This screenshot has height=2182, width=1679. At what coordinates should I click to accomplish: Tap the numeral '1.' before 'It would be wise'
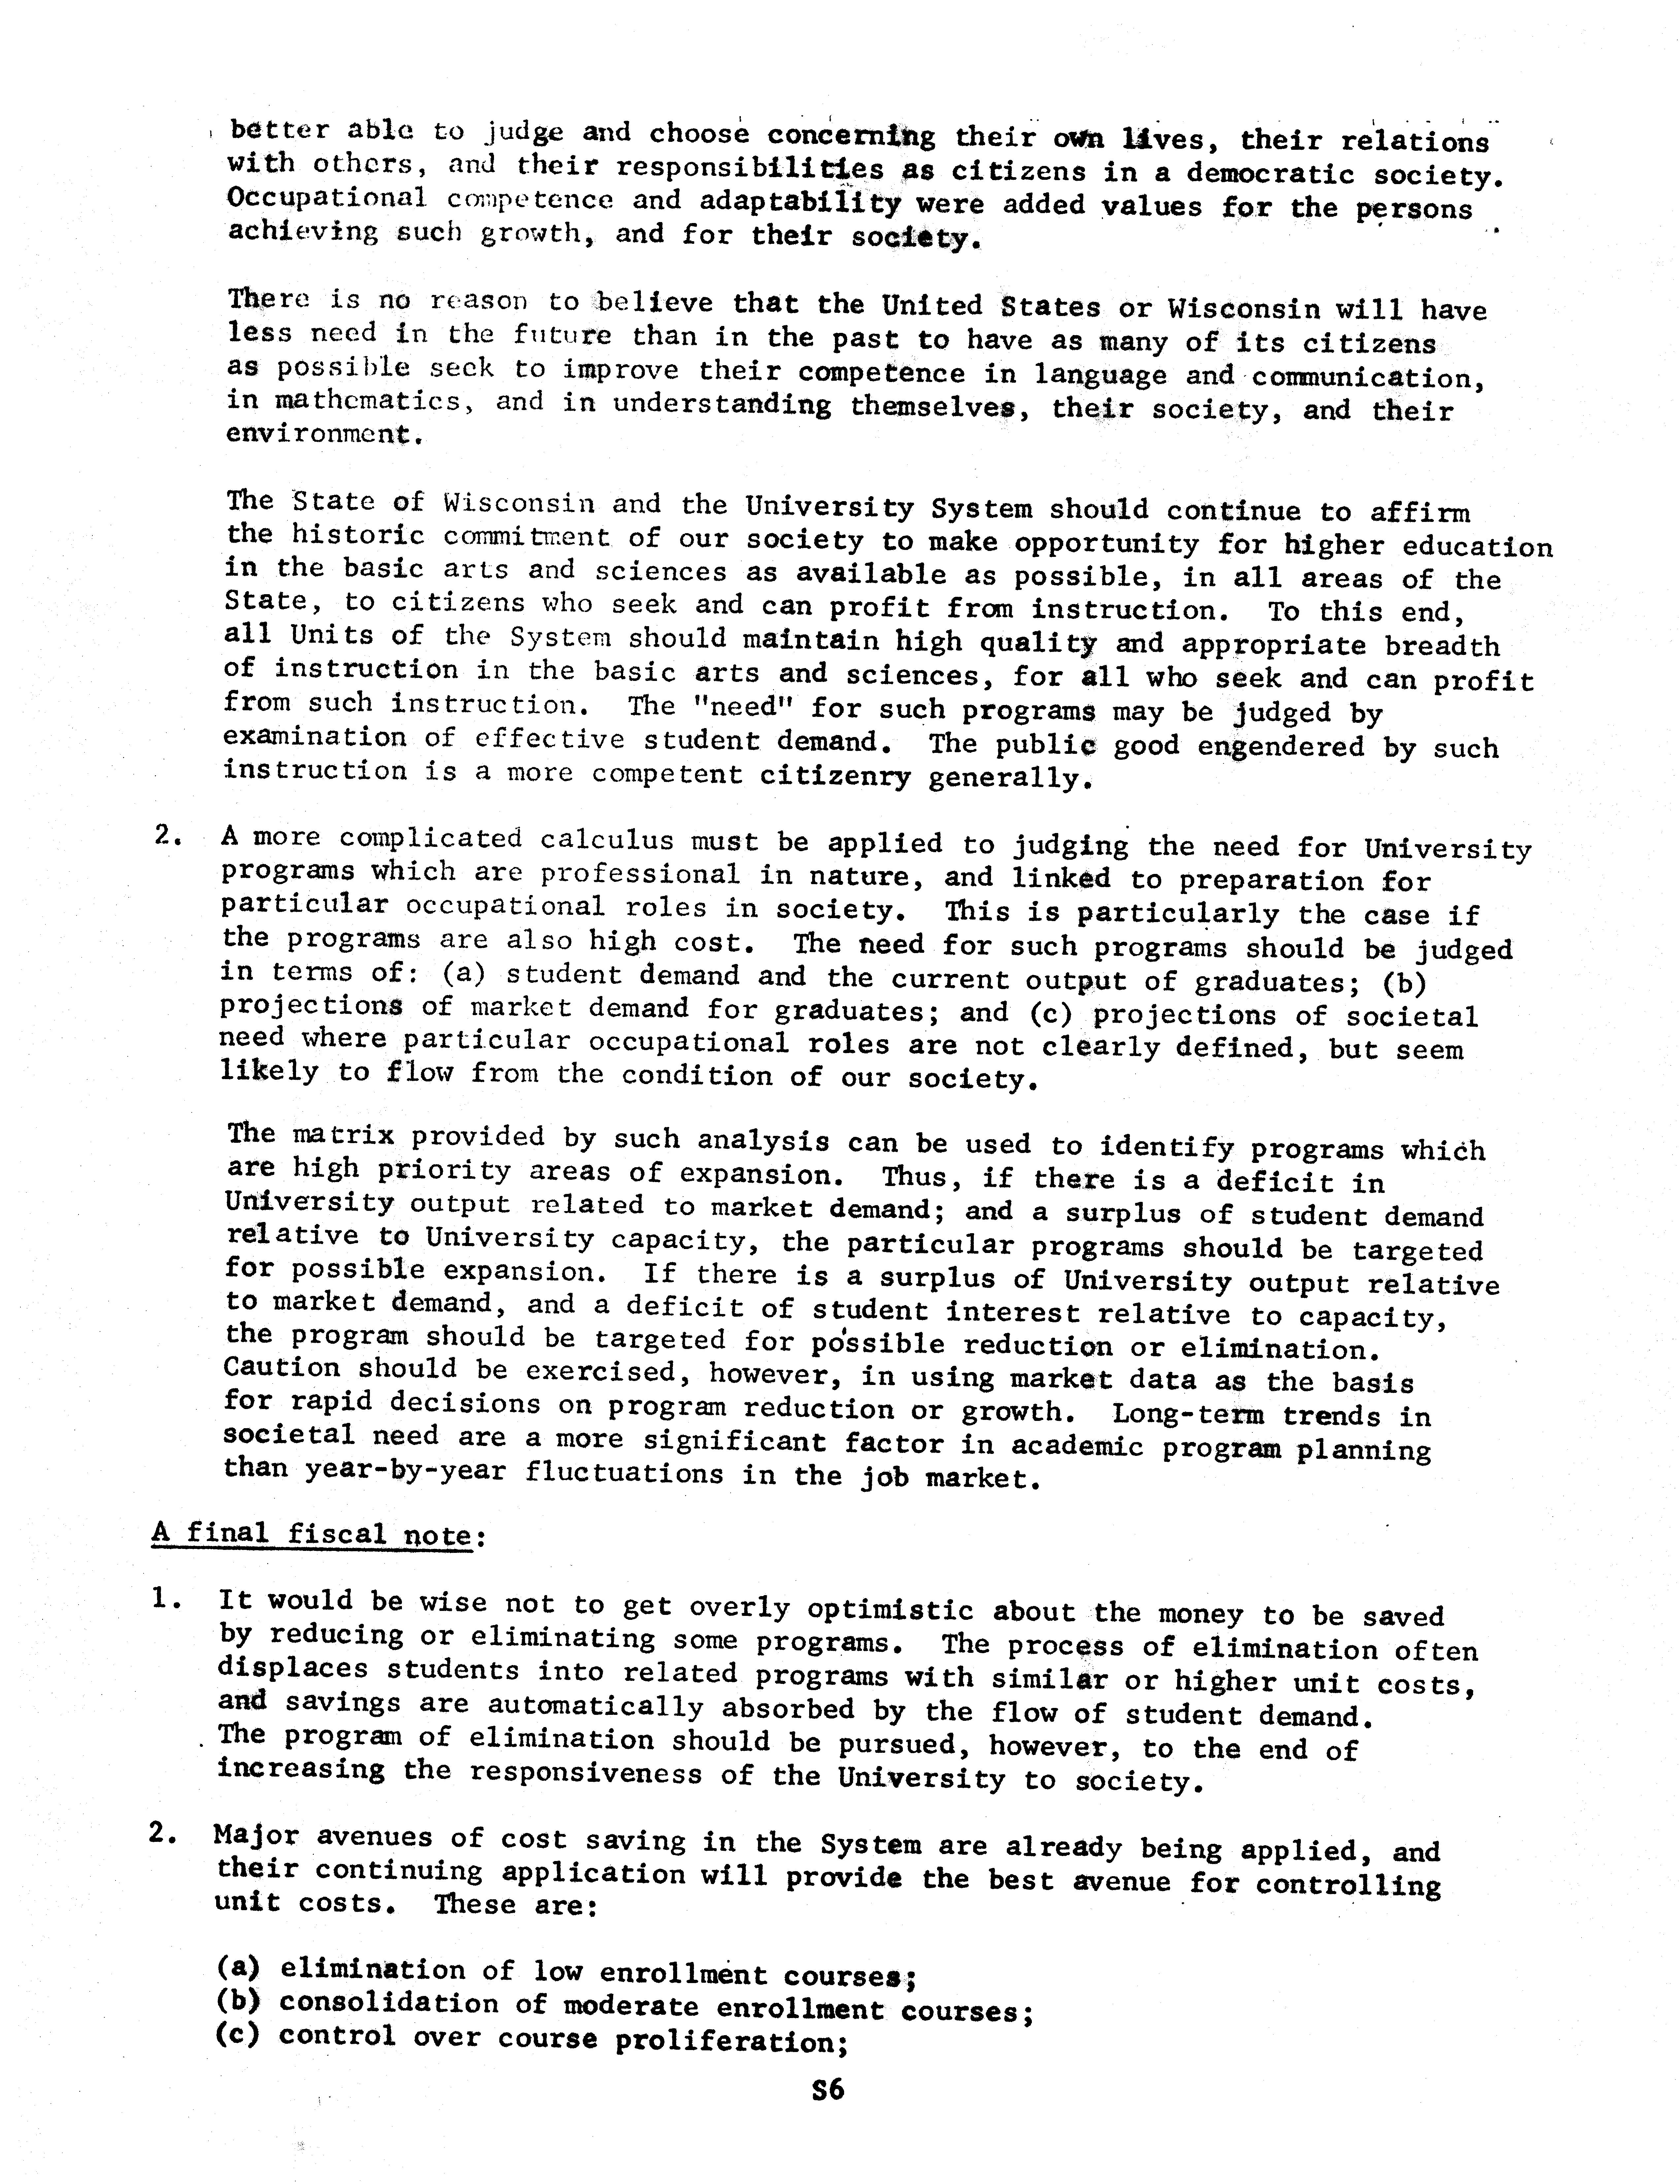click(x=168, y=1599)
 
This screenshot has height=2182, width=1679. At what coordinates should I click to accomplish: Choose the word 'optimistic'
click(x=889, y=1609)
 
